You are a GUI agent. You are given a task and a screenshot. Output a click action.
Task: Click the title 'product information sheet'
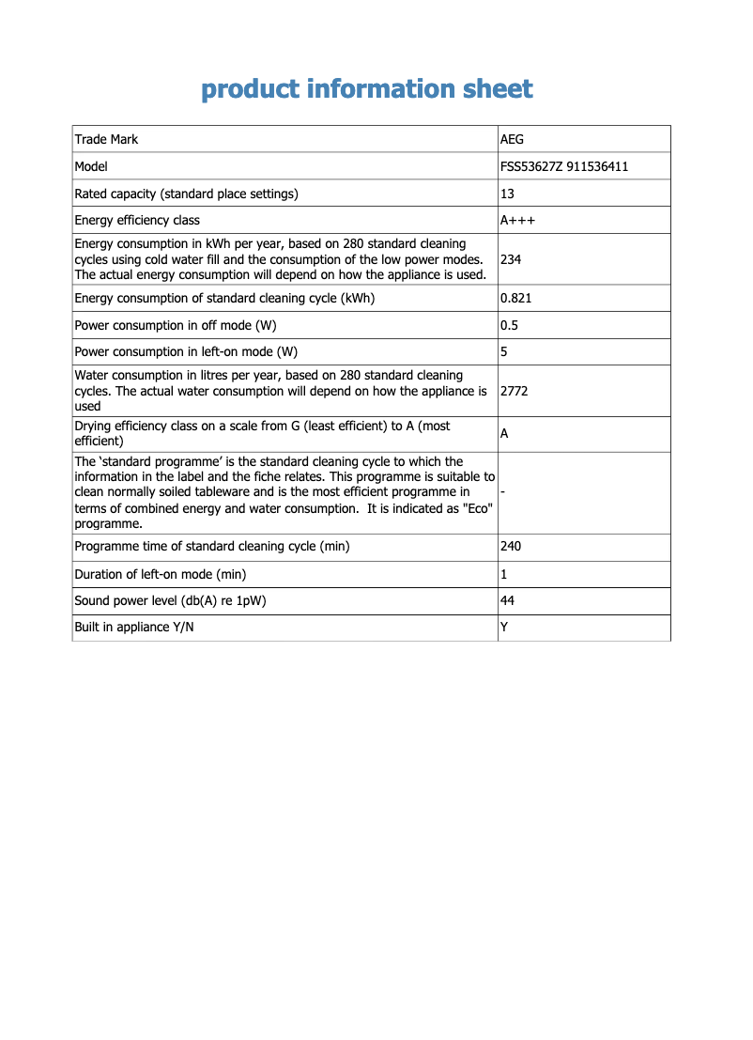click(367, 89)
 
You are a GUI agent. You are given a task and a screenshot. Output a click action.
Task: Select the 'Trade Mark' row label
click(106, 139)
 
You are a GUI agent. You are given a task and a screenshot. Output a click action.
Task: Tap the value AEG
click(513, 139)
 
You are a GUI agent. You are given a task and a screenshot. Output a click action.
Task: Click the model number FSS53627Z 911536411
click(564, 166)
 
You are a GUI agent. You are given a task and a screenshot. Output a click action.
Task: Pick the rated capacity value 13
click(508, 194)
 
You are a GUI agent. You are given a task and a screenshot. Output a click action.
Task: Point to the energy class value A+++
click(518, 221)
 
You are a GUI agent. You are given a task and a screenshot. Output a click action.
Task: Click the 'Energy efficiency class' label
click(137, 221)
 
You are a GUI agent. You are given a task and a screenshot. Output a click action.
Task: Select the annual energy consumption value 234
click(511, 259)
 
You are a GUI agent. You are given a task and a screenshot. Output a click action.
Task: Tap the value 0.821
click(515, 299)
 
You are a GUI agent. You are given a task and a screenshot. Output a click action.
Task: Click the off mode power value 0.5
click(509, 325)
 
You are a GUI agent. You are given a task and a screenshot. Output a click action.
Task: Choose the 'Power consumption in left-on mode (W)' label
click(186, 352)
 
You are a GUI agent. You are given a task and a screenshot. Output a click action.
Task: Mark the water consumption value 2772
click(515, 391)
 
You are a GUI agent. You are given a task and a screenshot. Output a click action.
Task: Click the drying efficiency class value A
click(505, 434)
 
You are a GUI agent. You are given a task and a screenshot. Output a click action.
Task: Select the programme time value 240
click(511, 547)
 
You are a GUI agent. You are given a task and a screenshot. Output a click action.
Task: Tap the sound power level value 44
click(508, 601)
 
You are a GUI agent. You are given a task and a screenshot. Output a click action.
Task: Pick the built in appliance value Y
click(504, 628)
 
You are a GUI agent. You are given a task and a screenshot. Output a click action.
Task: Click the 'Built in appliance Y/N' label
click(134, 628)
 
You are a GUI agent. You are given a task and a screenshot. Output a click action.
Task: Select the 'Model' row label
click(91, 166)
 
